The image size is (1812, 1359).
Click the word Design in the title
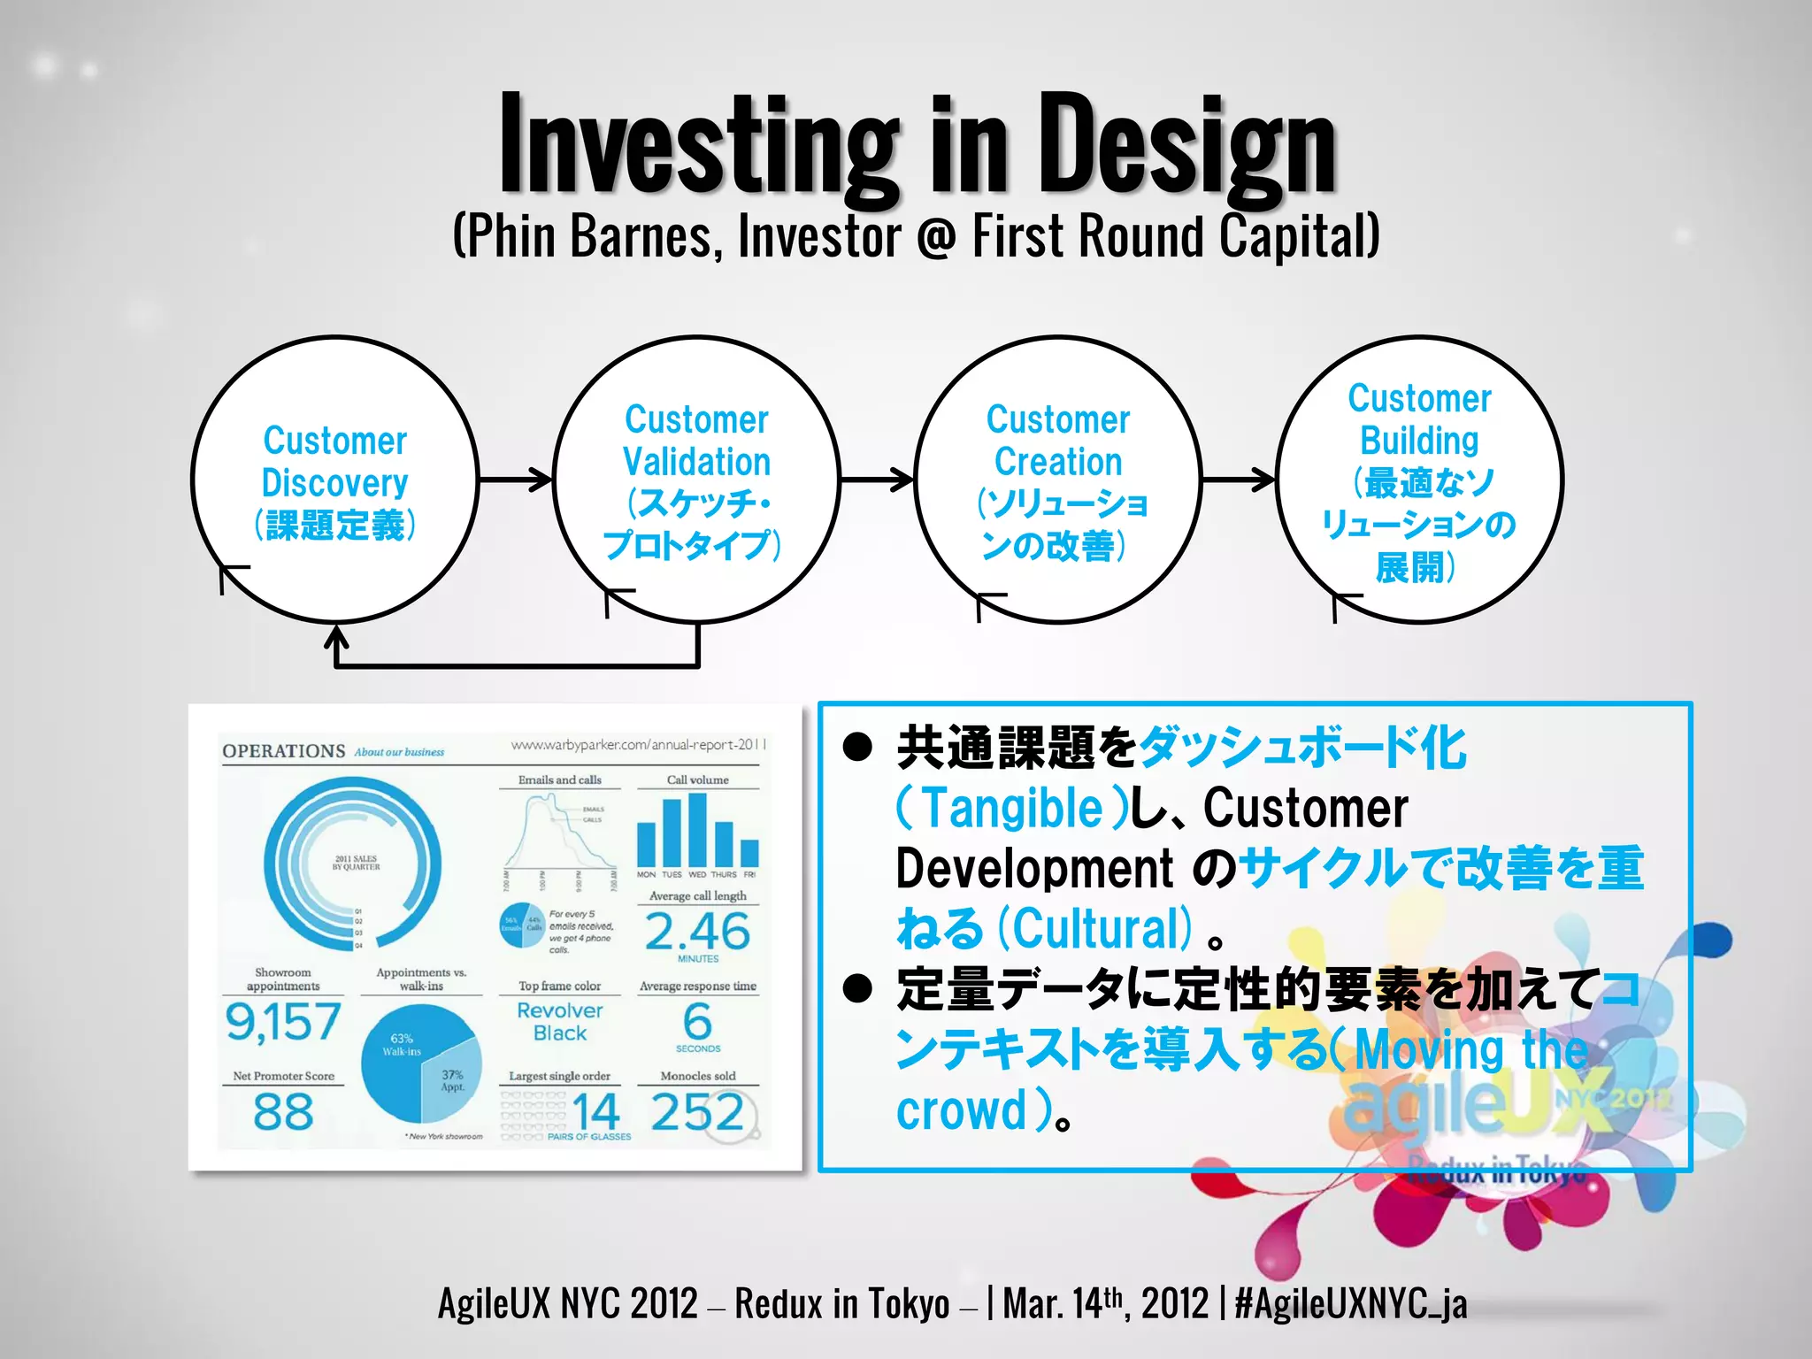tap(1186, 146)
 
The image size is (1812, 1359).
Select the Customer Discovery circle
tap(335, 480)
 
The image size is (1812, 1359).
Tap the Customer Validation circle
tap(697, 480)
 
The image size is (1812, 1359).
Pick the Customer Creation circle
tap(1058, 480)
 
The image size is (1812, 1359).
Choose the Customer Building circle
tap(1419, 480)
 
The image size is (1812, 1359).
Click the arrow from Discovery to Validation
tap(517, 480)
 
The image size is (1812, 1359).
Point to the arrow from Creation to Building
tap(1239, 480)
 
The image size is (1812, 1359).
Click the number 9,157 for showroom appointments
tap(283, 1022)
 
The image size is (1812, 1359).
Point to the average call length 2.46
tap(697, 932)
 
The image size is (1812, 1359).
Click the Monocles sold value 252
tap(697, 1112)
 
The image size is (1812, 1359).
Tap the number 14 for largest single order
tap(595, 1111)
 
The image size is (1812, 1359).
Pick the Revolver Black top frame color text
tap(560, 1022)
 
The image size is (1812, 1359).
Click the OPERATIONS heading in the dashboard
tap(284, 751)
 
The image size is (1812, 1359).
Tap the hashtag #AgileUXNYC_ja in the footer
tap(1351, 1303)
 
